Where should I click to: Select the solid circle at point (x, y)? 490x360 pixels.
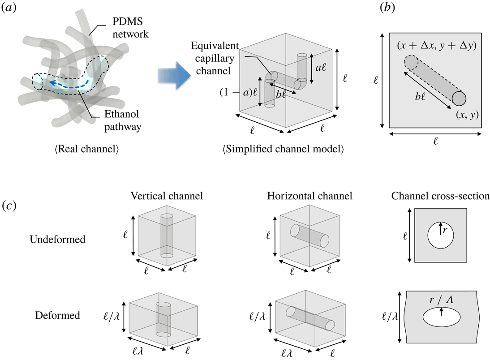460,98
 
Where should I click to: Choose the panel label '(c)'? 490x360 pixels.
10,206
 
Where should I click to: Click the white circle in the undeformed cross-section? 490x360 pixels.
441,236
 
